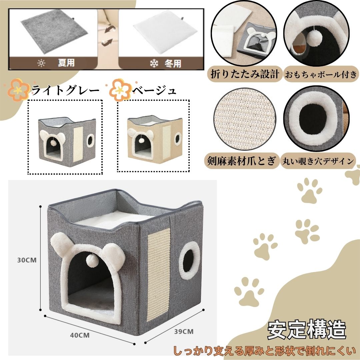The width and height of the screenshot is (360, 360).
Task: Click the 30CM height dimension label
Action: coord(27,260)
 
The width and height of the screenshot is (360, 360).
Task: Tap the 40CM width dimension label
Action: coord(80,335)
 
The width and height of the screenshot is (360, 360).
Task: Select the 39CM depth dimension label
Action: coord(184,332)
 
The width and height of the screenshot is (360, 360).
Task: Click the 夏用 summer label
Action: coord(66,63)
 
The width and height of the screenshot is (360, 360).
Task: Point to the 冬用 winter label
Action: coord(173,63)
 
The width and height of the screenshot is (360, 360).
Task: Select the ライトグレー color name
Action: coord(65,90)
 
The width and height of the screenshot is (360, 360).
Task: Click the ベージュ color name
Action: coord(154,90)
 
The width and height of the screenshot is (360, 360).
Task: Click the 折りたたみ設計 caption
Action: coord(245,74)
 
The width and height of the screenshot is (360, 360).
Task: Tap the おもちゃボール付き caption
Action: coord(321,74)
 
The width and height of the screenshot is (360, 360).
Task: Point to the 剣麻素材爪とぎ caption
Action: coord(241,160)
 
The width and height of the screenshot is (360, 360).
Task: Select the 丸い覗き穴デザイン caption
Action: coord(318,161)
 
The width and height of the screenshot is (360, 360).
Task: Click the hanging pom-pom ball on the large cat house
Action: coord(93,261)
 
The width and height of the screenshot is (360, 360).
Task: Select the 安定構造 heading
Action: coord(307,330)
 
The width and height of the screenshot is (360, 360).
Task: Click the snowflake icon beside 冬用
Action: coord(154,64)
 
